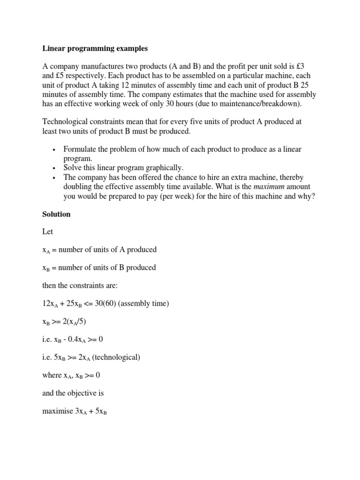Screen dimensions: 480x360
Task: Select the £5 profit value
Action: (60, 76)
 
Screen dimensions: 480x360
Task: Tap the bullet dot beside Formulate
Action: (54, 150)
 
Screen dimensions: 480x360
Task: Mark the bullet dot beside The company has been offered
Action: (54, 177)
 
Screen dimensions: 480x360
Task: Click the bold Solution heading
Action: (56, 214)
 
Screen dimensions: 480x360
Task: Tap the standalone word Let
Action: (47, 232)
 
